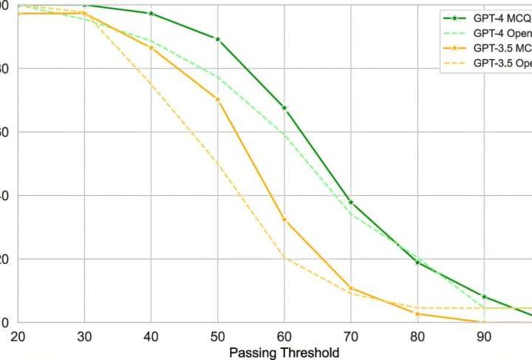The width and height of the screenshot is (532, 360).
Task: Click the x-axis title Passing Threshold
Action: pyautogui.click(x=284, y=353)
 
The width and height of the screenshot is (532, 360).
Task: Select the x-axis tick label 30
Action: pyautogui.click(x=83, y=336)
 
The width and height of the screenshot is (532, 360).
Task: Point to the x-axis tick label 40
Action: pyautogui.click(x=151, y=336)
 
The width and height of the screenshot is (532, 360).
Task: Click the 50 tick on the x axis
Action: pyautogui.click(x=217, y=336)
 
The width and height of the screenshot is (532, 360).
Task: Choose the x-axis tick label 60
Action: pyautogui.click(x=284, y=336)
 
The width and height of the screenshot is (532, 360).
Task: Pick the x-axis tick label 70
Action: pyautogui.click(x=351, y=336)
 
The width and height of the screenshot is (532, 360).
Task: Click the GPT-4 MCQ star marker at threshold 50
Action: pyautogui.click(x=217, y=38)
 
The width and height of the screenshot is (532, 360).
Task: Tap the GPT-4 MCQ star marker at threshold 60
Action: pyautogui.click(x=284, y=108)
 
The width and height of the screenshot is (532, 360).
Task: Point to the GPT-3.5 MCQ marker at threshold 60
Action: pyautogui.click(x=284, y=220)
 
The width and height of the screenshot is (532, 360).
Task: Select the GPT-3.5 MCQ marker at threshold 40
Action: pyautogui.click(x=151, y=47)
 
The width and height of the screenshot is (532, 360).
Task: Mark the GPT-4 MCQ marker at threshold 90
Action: pyautogui.click(x=485, y=296)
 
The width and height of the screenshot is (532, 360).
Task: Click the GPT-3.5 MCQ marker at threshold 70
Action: pyautogui.click(x=351, y=288)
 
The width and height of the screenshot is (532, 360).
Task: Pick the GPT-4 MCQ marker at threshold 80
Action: pyautogui.click(x=418, y=262)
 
